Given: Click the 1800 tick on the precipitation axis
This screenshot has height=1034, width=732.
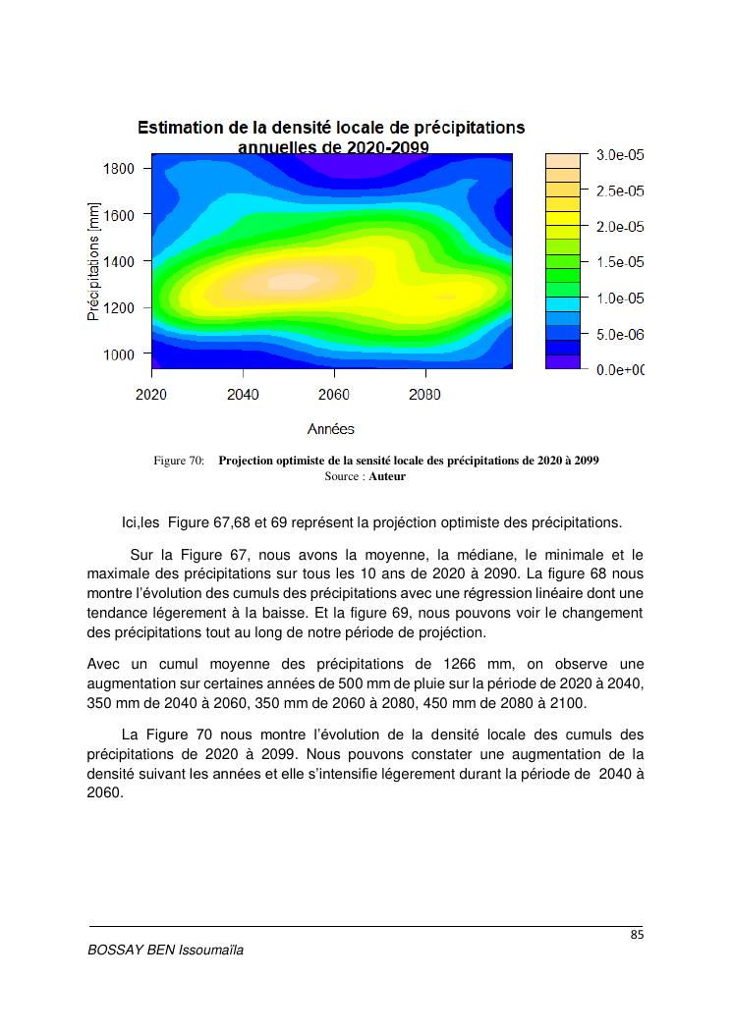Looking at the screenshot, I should point(118,168).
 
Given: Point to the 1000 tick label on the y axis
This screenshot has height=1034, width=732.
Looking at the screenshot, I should point(118,354).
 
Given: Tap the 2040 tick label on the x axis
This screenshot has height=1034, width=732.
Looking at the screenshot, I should point(243,395).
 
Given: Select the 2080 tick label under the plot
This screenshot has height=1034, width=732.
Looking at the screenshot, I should point(424,395).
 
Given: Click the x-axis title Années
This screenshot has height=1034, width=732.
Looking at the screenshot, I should point(330,429).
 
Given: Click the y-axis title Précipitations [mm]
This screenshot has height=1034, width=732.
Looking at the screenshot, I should point(94,261).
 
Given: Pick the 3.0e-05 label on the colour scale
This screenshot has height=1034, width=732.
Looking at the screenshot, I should point(620,155).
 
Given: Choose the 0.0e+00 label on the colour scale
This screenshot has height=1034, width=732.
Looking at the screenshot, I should point(620,370).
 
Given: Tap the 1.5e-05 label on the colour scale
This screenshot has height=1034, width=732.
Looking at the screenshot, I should point(620,262).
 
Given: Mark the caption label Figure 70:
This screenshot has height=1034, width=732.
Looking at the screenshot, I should point(179,461).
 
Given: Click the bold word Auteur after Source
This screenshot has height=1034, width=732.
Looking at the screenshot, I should point(387,476).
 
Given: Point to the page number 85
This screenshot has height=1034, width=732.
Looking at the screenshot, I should point(637,936).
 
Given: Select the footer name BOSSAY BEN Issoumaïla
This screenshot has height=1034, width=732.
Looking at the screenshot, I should point(165,951).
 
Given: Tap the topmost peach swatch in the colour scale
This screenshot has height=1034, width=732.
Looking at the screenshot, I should point(564,160).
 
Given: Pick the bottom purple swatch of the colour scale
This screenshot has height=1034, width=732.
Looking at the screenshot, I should point(564,362).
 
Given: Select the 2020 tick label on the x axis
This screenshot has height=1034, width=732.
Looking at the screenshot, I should point(151,395).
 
